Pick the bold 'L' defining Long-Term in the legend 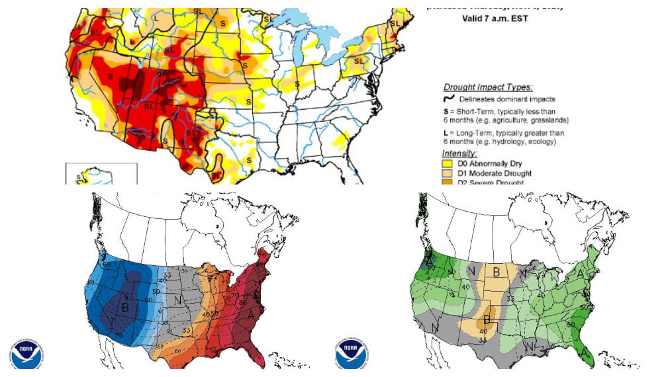[445, 132]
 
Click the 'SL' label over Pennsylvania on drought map [359, 61]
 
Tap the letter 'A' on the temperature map [250, 315]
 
